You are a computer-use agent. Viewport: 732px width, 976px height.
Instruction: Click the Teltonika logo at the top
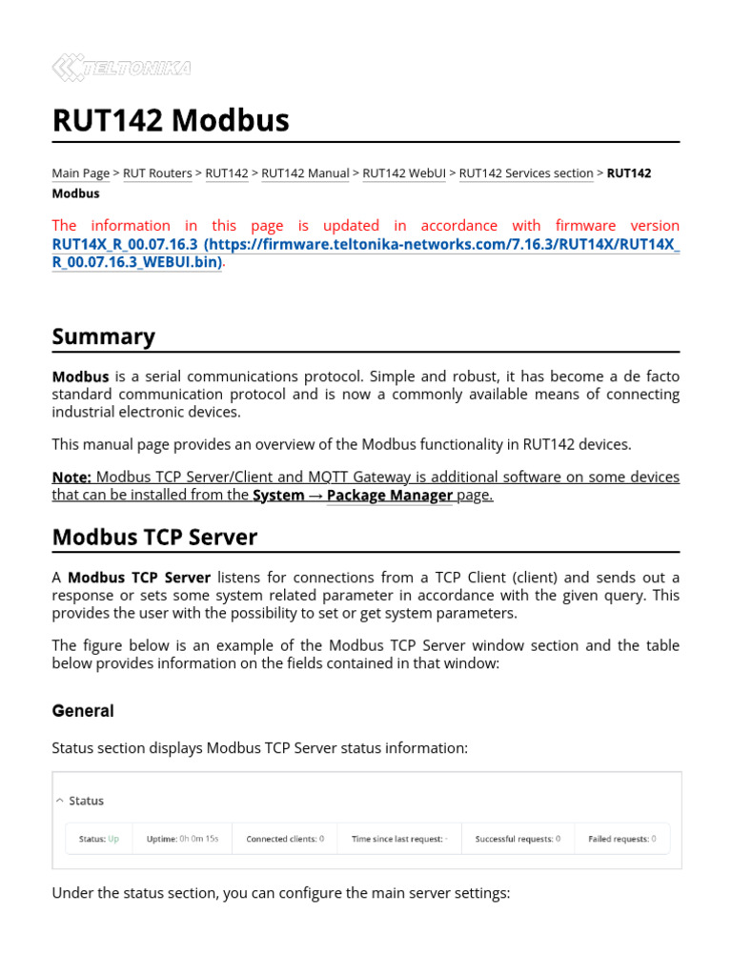pos(121,68)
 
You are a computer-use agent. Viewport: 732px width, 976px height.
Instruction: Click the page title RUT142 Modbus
pos(171,121)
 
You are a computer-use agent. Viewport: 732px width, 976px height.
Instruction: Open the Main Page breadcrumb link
pos(80,173)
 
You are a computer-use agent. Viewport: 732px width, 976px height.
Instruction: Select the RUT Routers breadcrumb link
pos(157,173)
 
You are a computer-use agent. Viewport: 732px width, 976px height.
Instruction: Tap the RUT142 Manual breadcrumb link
pos(305,173)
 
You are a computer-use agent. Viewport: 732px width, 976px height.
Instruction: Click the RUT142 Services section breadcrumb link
pos(526,173)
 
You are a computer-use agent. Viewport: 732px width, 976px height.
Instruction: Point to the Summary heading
pos(103,336)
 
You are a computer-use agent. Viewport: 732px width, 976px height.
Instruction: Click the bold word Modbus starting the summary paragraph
pos(80,376)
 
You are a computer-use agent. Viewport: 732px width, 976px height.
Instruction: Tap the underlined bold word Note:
pos(71,477)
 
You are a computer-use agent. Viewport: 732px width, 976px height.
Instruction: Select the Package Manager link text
pos(390,496)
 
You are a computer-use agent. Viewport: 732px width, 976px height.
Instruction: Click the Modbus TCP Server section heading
pos(154,538)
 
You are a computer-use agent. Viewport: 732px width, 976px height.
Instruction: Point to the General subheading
pos(83,711)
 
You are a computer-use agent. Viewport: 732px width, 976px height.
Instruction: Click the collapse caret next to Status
pos(59,801)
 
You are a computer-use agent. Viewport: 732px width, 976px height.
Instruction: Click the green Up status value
pos(113,839)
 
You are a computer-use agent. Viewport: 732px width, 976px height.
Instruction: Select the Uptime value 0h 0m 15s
pos(197,839)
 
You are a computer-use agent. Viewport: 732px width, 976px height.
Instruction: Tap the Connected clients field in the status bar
pos(285,839)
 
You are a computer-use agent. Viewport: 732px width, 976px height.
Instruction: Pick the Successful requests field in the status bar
pos(518,839)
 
